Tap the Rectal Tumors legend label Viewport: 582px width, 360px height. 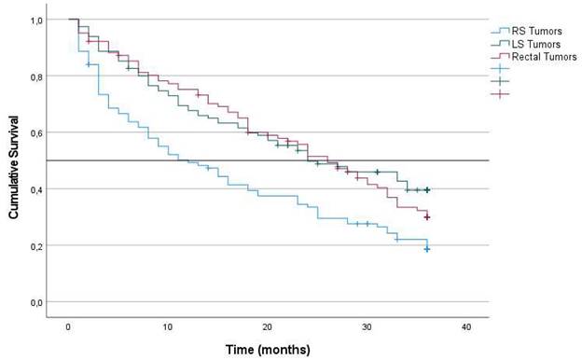pyautogui.click(x=536, y=56)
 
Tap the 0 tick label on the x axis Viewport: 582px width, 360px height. pyautogui.click(x=68, y=327)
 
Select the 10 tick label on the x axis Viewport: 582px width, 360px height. pyautogui.click(x=168, y=327)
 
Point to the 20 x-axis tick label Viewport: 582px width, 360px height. pyautogui.click(x=268, y=327)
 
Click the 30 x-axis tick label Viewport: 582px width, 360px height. pyautogui.click(x=367, y=327)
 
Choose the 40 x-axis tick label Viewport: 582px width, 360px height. pyautogui.click(x=466, y=327)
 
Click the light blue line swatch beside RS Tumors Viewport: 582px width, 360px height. pyautogui.click(x=504, y=30)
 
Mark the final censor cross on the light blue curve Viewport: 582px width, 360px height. pyautogui.click(x=427, y=249)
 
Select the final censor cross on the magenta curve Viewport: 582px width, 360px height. pyautogui.click(x=427, y=217)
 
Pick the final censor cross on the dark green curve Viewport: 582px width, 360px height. pyautogui.click(x=427, y=190)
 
